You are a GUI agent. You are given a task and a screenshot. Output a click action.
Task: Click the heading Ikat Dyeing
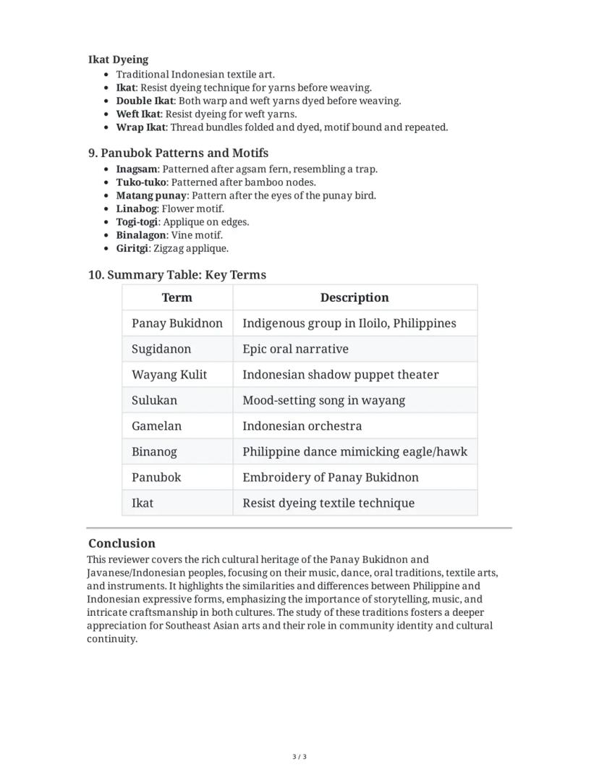click(x=118, y=59)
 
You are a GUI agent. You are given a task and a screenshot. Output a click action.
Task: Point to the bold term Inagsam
click(x=136, y=169)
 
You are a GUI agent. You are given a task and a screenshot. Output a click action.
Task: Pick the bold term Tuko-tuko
click(x=141, y=182)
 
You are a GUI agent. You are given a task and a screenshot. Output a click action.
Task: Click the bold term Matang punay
click(x=151, y=195)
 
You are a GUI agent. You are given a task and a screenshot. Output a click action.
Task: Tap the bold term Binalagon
click(x=140, y=235)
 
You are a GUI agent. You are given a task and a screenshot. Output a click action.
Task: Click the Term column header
click(x=177, y=297)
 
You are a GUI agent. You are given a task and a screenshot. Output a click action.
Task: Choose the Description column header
click(x=354, y=297)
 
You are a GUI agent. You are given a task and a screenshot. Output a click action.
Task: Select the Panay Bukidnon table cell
click(x=177, y=323)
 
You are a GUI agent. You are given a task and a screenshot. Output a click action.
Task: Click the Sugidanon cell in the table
click(x=161, y=349)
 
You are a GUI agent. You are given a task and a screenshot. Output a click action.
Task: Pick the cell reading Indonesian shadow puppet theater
click(x=340, y=375)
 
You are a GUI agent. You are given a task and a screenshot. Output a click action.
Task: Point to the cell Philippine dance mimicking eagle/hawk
click(x=354, y=452)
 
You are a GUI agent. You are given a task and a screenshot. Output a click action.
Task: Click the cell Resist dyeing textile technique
click(x=328, y=503)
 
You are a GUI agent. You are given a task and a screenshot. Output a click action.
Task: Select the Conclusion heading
click(x=122, y=543)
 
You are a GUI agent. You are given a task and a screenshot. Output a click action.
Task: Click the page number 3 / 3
click(x=299, y=757)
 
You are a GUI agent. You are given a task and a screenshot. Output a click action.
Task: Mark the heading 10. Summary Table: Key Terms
click(x=177, y=275)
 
